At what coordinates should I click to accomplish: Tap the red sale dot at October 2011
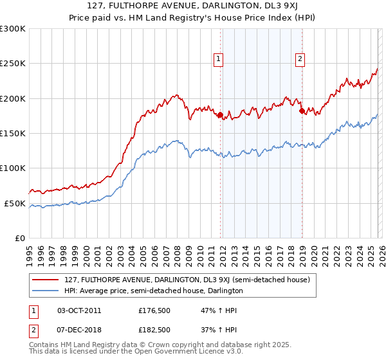220,115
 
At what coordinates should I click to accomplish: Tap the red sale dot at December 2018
302,111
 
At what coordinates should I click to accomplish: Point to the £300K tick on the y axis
13,29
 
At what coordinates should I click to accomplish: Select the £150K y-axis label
13,133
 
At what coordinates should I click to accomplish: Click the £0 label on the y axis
19,238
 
